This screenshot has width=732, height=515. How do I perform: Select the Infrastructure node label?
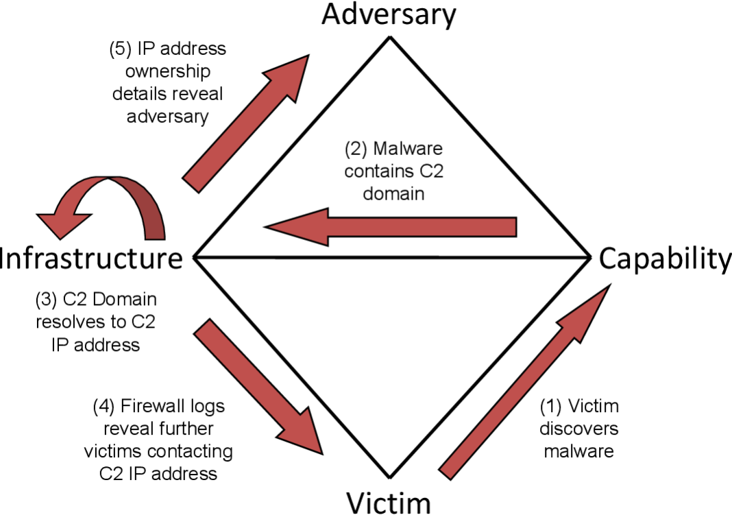pos(93,259)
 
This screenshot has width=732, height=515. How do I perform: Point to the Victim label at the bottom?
pos(388,501)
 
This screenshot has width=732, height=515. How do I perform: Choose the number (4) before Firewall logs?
pos(104,407)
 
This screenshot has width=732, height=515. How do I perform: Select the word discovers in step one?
pos(578,429)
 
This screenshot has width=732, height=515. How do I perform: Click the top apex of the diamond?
pos(389,38)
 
